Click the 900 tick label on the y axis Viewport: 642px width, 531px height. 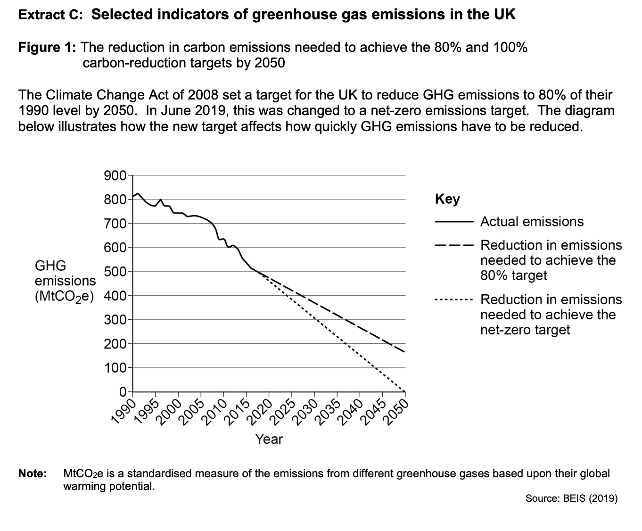(115, 176)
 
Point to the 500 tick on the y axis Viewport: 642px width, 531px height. (115, 272)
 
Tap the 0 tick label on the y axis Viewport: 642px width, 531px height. (122, 392)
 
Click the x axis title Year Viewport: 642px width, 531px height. (269, 440)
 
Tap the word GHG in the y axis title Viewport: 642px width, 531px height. (50, 265)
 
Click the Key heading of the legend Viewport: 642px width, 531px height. (447, 199)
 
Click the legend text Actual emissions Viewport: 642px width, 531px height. (532, 222)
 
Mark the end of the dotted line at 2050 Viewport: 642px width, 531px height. (404, 391)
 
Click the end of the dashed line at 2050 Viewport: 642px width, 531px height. (404, 352)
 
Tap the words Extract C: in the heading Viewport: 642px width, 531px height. (50, 15)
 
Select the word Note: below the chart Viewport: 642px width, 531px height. (33, 473)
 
